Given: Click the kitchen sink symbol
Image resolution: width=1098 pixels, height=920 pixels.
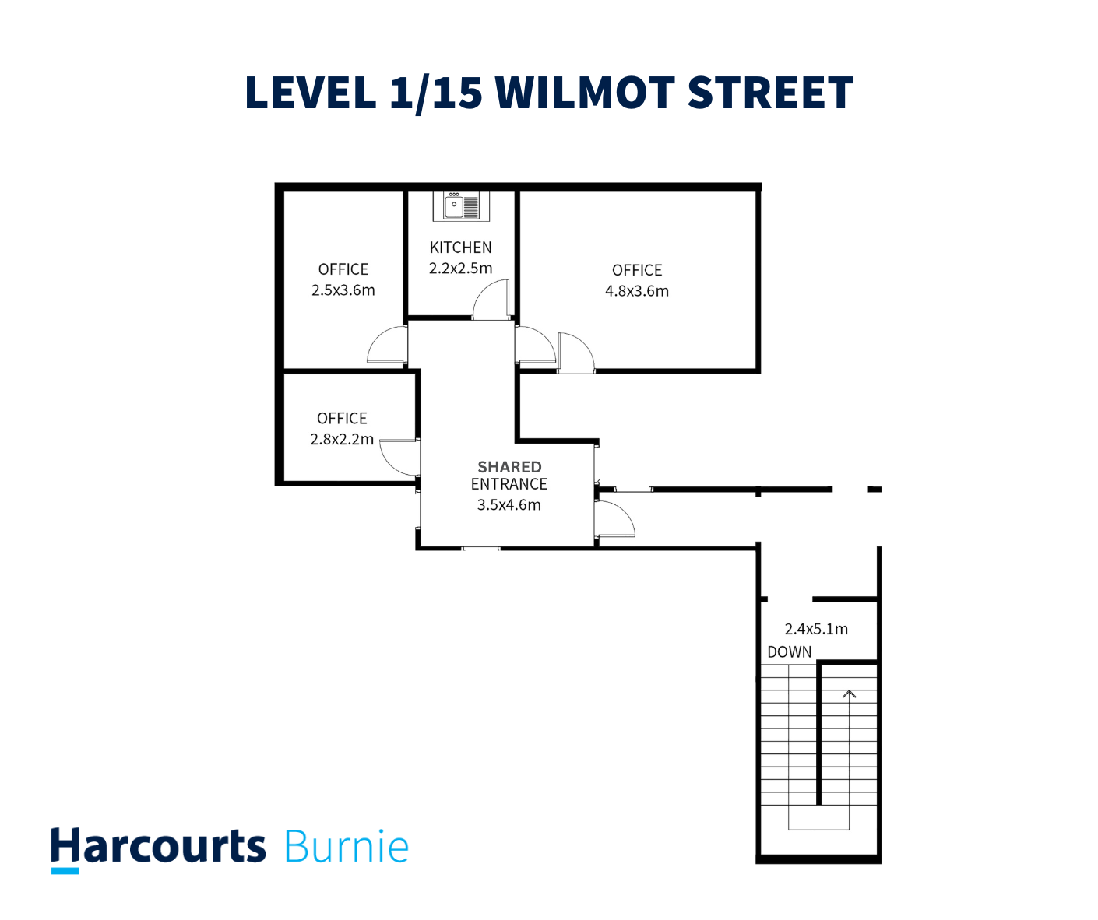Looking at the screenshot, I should coord(461,206).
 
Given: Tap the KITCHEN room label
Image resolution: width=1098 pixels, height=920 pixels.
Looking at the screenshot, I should coord(461,248).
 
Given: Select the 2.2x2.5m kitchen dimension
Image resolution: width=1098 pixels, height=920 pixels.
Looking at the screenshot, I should coord(461,269).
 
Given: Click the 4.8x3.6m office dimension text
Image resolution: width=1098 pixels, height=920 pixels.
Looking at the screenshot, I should coord(637,291).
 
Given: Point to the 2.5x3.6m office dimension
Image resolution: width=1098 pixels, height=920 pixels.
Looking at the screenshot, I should coord(343,290).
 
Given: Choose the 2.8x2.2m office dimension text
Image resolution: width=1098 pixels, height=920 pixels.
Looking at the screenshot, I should coord(342,439).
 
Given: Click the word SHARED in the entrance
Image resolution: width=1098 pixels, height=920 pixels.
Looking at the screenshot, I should coord(509,467).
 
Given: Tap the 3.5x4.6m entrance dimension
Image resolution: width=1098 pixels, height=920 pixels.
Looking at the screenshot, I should coord(509,504).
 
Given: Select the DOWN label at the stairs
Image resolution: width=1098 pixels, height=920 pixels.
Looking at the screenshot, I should coord(790,652).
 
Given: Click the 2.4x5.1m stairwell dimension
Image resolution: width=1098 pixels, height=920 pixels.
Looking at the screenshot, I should coord(816,629).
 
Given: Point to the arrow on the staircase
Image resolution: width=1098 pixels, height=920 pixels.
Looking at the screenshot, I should coord(849,693).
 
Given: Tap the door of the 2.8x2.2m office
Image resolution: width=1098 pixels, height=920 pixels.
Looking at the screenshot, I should coord(400,458).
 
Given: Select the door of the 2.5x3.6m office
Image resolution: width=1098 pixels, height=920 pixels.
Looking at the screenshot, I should coord(388,346).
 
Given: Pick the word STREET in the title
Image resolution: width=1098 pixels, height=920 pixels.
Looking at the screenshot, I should coord(771,93).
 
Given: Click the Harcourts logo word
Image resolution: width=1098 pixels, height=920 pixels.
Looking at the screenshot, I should coord(158,847).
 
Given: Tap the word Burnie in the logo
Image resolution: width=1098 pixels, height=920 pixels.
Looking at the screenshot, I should coord(347,847).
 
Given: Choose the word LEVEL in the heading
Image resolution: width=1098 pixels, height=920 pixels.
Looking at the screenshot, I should coord(311,93).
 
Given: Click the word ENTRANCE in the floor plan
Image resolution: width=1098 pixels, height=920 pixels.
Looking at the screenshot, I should coord(509,484).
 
